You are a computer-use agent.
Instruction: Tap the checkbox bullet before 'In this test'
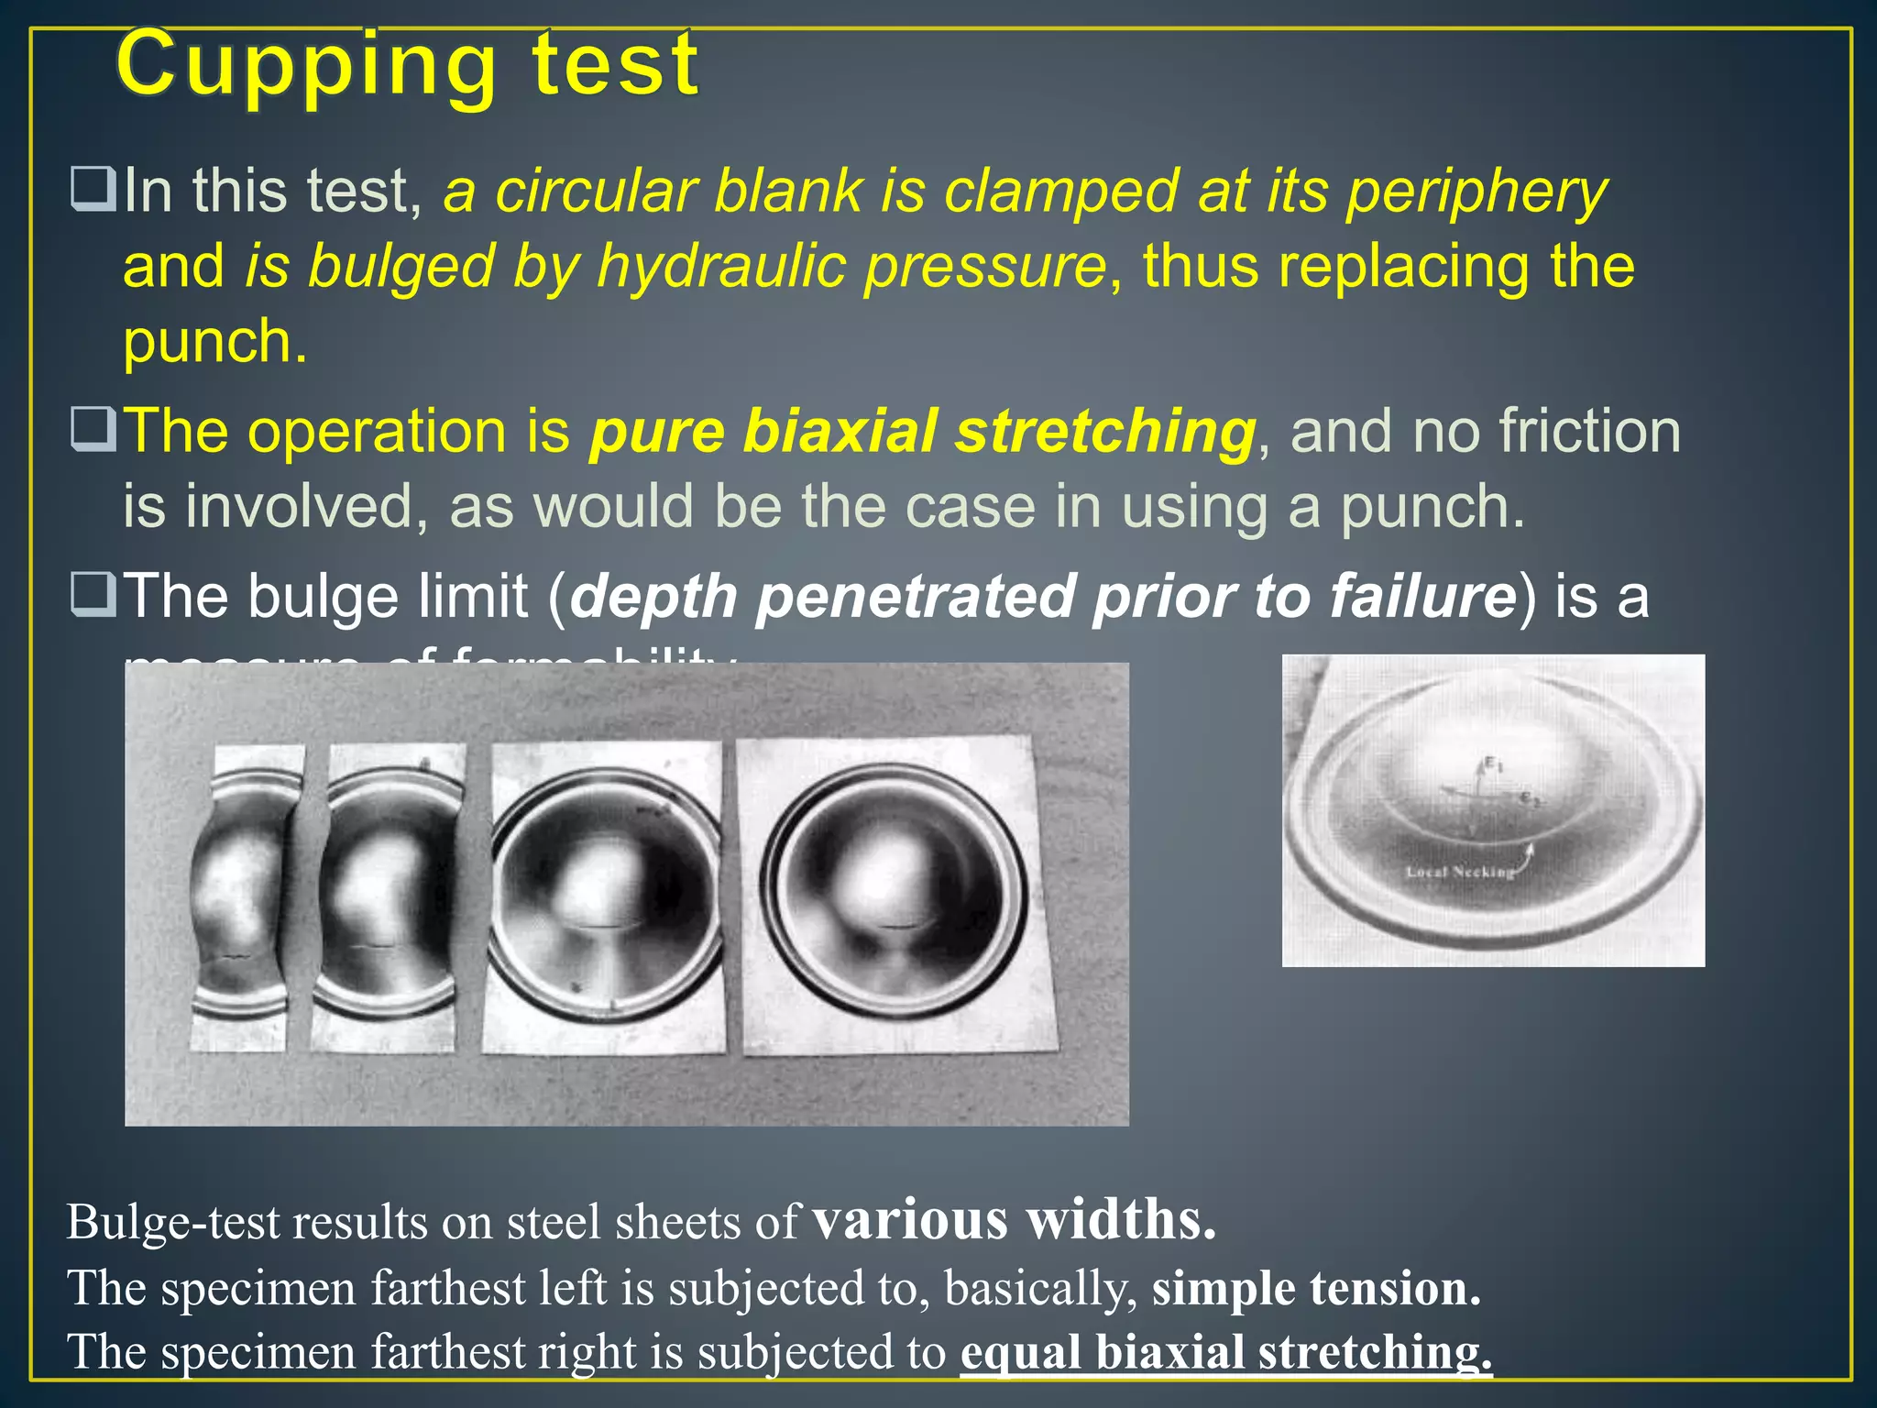(x=93, y=189)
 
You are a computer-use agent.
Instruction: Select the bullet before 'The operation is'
(x=93, y=429)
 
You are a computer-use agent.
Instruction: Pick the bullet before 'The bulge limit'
(x=93, y=594)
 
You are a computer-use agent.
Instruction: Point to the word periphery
(x=1476, y=192)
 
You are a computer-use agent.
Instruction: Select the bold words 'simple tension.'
(x=1316, y=1288)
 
